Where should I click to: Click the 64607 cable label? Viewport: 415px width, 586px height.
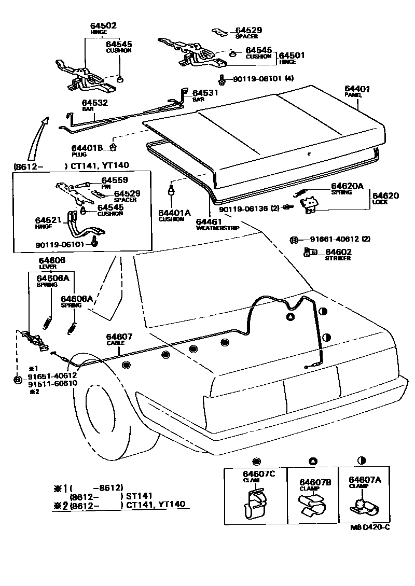(119, 337)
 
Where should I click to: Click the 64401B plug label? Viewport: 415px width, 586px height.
(87, 147)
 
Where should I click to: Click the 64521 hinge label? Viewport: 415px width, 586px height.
(48, 220)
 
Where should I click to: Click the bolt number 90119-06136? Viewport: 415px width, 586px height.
(243, 209)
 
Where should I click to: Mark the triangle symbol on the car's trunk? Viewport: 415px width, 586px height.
(290, 316)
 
